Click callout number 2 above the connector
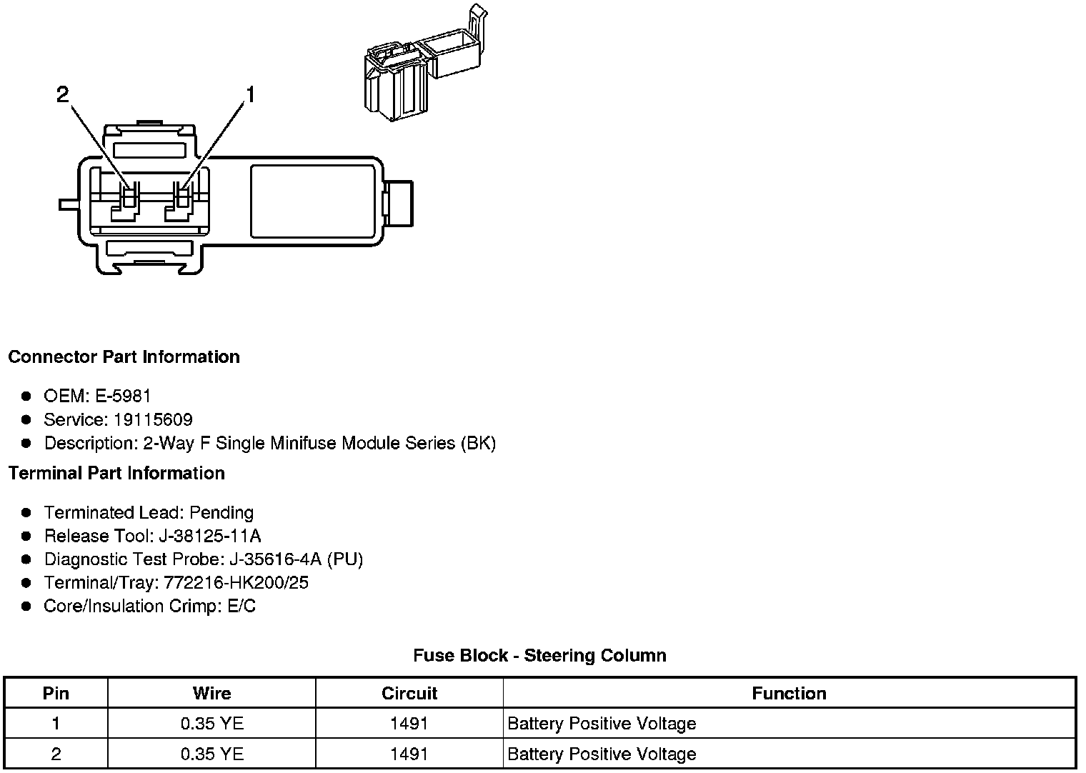coord(63,94)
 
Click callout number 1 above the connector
coord(250,94)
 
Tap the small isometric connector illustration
coord(426,63)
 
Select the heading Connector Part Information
coord(124,356)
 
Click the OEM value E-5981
coord(123,396)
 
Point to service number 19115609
coord(153,419)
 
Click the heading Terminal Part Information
coord(117,473)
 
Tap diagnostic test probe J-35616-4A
coord(275,559)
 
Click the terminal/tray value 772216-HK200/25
coord(236,582)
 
